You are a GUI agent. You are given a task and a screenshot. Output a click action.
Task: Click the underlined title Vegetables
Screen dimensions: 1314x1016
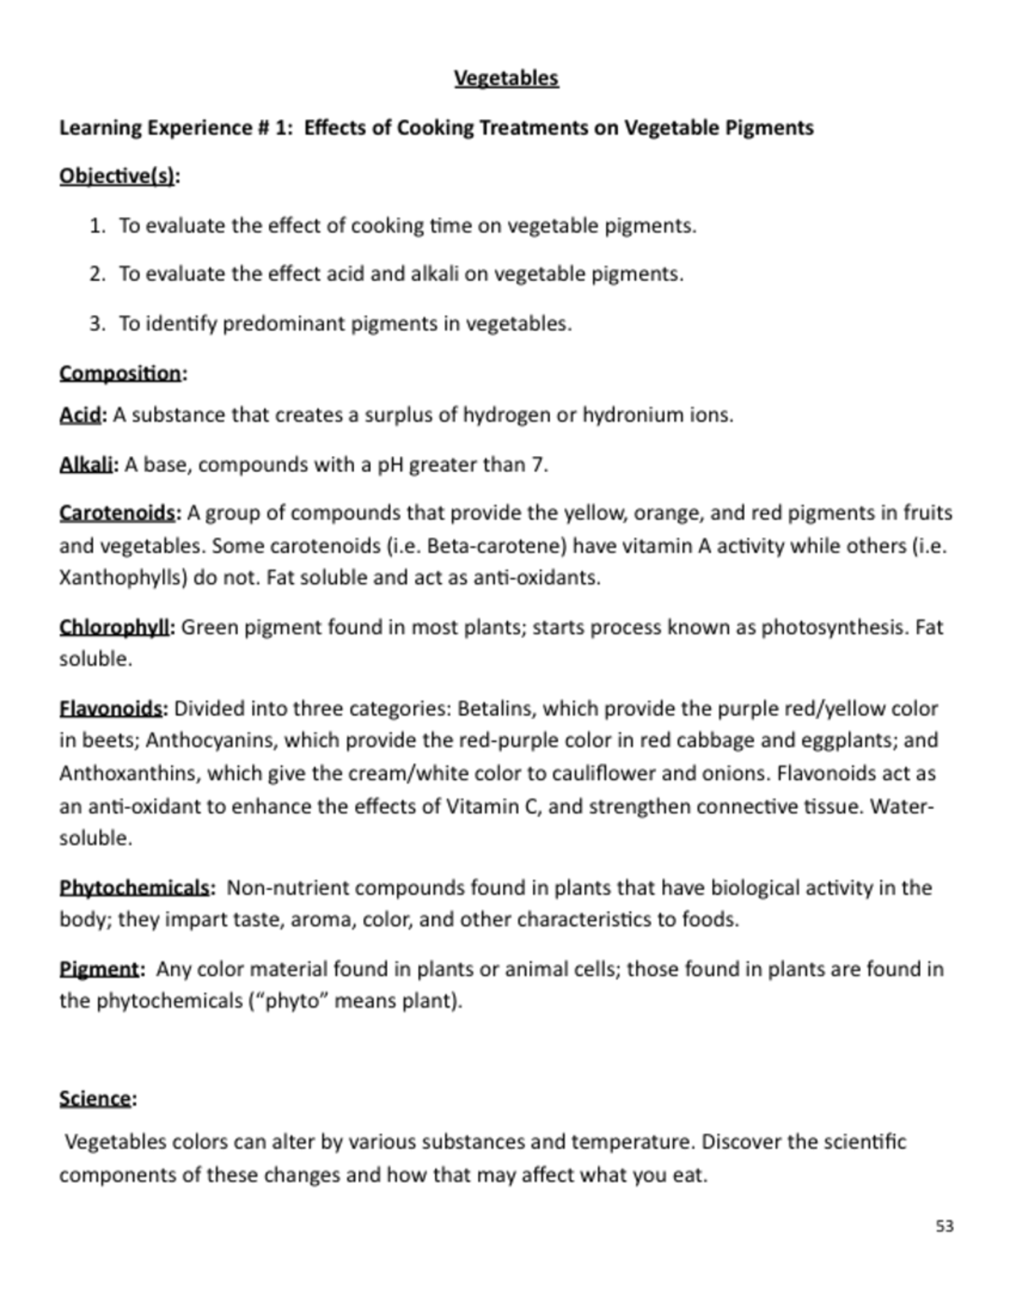click(x=506, y=78)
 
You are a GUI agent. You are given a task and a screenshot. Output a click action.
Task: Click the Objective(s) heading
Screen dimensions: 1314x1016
click(x=118, y=176)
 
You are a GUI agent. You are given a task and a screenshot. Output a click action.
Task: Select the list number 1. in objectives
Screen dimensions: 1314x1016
click(x=98, y=226)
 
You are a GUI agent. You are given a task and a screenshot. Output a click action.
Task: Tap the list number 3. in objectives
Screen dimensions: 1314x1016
click(x=98, y=323)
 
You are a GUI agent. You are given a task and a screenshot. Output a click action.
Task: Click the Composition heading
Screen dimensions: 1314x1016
click(x=120, y=373)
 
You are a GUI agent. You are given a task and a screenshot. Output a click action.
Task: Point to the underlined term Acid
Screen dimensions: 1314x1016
click(x=80, y=415)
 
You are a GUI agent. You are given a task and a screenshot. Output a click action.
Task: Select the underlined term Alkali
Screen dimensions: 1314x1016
click(x=88, y=465)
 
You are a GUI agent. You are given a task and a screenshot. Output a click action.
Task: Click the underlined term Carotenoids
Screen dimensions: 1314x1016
click(x=117, y=514)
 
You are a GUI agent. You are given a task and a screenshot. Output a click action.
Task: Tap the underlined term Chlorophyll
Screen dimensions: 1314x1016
click(x=115, y=628)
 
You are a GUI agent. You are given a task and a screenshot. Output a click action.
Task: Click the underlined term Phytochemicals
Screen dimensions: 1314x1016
click(x=135, y=888)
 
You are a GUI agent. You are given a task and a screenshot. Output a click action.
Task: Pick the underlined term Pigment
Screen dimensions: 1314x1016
click(x=99, y=969)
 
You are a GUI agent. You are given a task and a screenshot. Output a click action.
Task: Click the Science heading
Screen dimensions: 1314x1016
click(x=96, y=1098)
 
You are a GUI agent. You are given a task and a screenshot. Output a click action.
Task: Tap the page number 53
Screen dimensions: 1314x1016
click(x=945, y=1226)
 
